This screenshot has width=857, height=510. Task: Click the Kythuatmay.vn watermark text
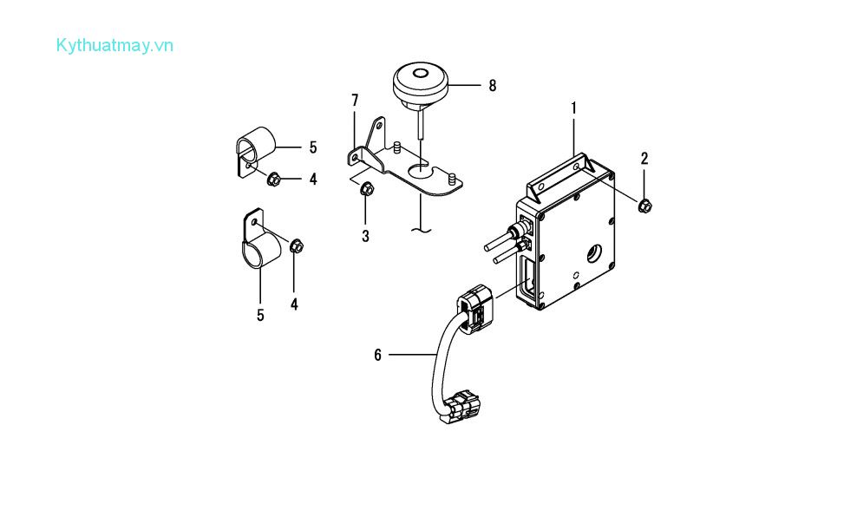pos(114,46)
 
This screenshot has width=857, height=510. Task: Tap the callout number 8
pos(493,86)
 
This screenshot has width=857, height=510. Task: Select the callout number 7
pos(356,101)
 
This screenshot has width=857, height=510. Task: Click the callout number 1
pos(574,108)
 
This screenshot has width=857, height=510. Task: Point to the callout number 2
pos(644,159)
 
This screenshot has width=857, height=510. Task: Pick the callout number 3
pos(366,236)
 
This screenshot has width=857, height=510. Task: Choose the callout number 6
pos(377,356)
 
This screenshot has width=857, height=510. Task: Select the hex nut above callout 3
pos(367,188)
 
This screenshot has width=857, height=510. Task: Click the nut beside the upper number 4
pos(274,179)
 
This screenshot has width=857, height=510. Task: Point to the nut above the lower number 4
pos(297,246)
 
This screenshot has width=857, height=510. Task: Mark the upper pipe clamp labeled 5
pos(255,150)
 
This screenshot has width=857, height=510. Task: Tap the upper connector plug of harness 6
pos(475,310)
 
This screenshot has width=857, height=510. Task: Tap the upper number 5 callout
pos(313,147)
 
